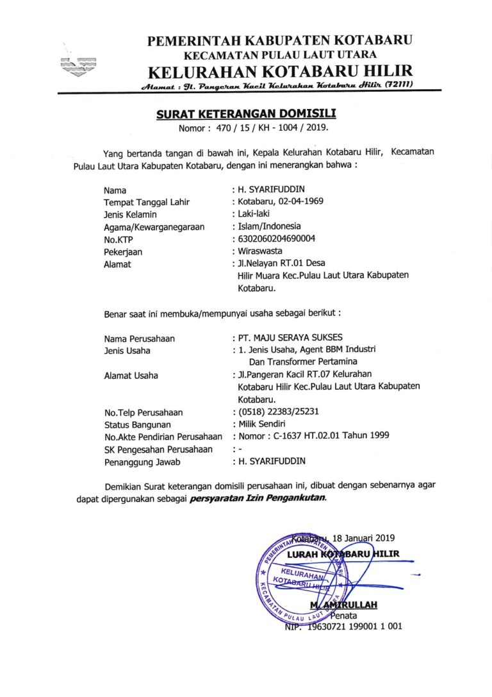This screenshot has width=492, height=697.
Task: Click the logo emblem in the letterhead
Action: (x=77, y=64)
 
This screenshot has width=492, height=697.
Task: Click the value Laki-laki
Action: (x=256, y=214)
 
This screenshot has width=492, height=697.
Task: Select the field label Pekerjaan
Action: (x=123, y=251)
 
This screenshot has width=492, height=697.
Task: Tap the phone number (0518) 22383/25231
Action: (x=288, y=412)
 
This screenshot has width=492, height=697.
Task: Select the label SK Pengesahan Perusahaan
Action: (x=158, y=449)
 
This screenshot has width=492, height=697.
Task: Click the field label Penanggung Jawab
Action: (x=142, y=461)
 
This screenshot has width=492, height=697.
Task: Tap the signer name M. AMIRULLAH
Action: (x=343, y=605)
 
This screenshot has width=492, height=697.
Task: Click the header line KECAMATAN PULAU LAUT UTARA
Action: (x=280, y=55)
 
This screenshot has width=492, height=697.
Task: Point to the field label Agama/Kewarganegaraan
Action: (x=154, y=226)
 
